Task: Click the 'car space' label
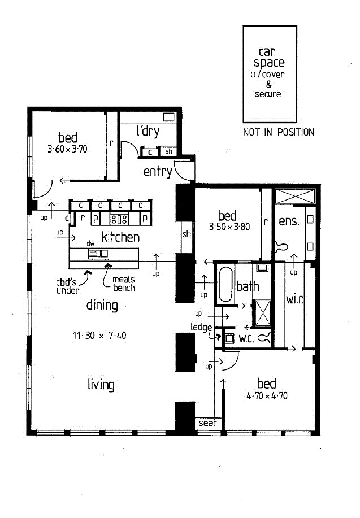269,57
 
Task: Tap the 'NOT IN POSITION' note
279,133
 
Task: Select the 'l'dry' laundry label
148,131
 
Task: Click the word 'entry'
158,172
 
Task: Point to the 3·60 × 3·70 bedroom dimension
67,149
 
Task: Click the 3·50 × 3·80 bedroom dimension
229,227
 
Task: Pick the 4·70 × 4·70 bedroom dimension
267,396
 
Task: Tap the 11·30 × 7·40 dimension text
99,336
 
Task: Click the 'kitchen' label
120,237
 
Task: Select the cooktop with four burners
119,219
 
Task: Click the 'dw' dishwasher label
90,243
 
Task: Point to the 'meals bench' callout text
124,284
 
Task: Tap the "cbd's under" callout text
67,286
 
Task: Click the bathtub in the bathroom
225,284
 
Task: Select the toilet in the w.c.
265,338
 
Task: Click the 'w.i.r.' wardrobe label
294,299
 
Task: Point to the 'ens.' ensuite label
289,221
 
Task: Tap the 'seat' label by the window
207,423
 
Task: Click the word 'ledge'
201,328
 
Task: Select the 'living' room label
101,385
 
